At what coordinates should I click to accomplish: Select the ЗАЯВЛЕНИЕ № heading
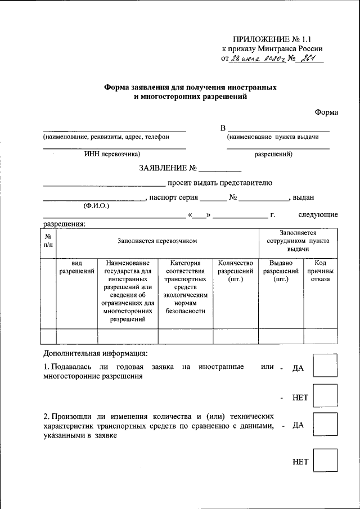(167, 168)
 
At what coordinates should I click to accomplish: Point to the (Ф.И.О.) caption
(96, 206)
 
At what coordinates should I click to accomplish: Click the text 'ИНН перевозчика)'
(112, 154)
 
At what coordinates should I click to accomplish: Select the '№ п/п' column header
(49, 241)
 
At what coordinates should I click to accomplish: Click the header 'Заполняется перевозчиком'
(157, 241)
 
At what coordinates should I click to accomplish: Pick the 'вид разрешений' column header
(77, 268)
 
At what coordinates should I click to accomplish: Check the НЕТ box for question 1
(325, 395)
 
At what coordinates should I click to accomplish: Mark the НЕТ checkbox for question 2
(325, 460)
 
